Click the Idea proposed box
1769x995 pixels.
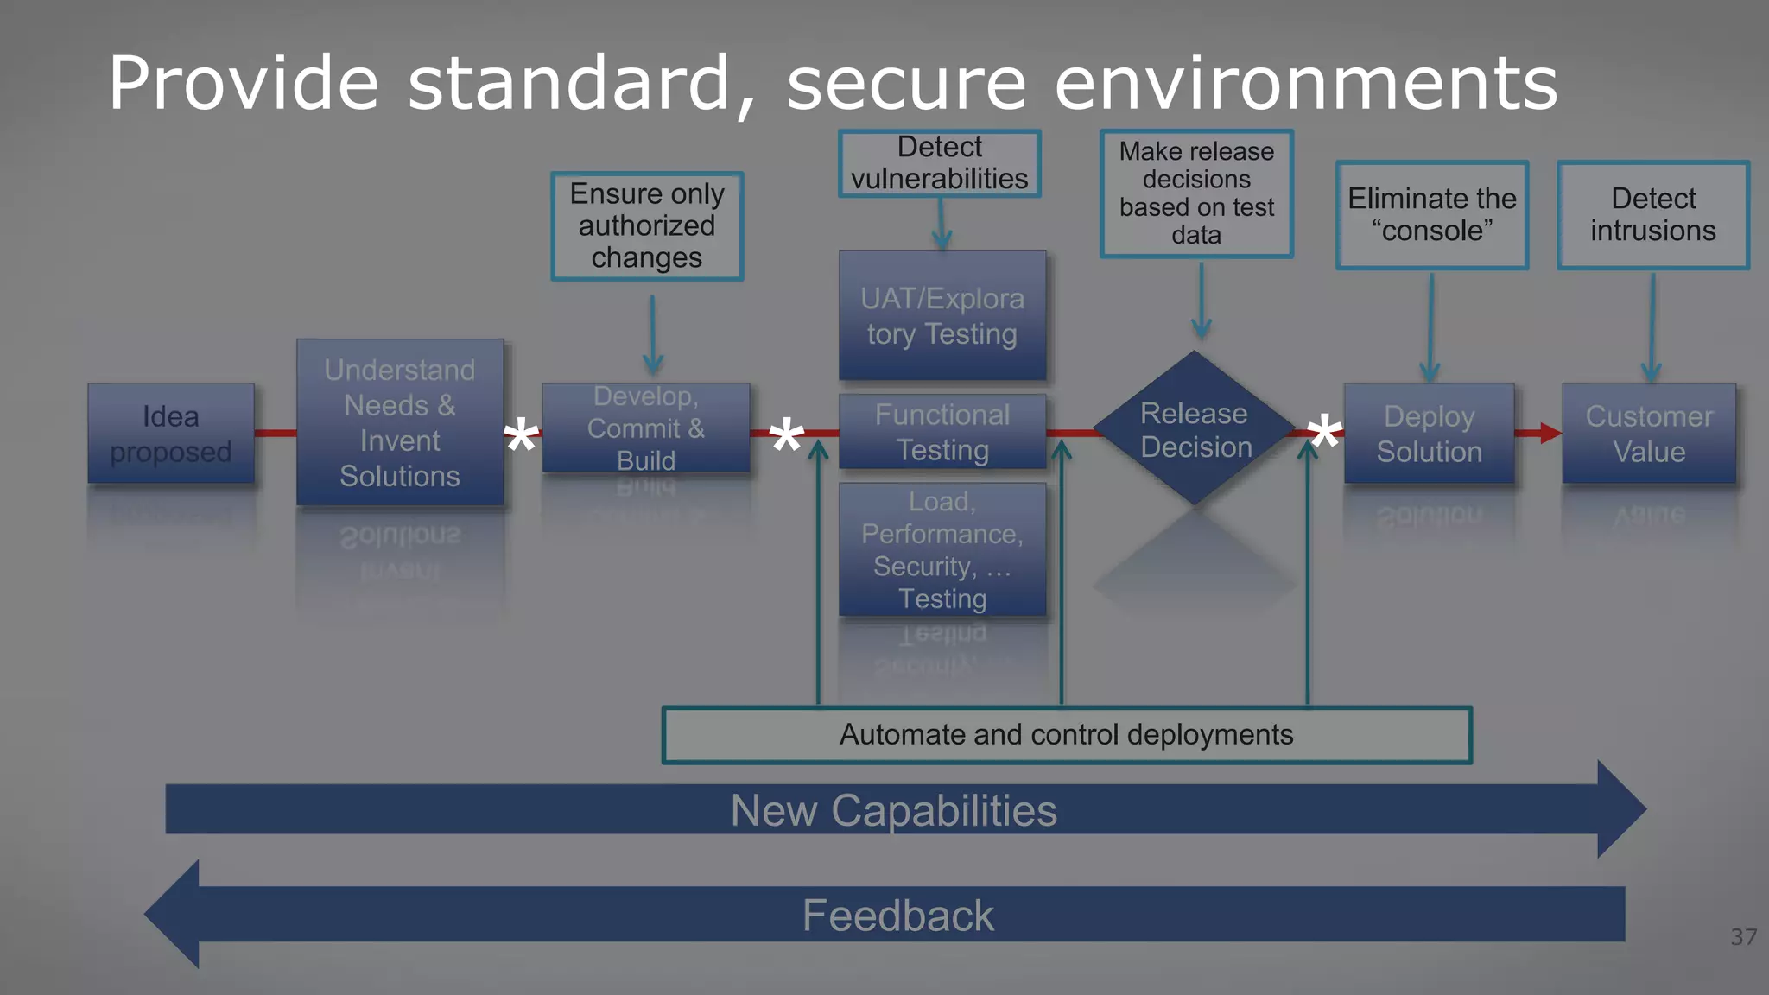click(x=171, y=434)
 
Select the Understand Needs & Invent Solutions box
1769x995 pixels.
click(x=400, y=422)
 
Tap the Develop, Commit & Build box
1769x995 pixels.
click(x=646, y=428)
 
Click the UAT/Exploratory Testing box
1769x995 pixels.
click(x=942, y=316)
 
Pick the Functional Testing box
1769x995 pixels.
click(x=942, y=432)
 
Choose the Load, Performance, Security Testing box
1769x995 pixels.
click(x=942, y=549)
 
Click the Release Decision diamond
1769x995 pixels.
click(x=1195, y=429)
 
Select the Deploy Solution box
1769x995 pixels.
click(x=1429, y=434)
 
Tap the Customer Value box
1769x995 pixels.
click(x=1649, y=434)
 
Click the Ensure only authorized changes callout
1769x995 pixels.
click(x=647, y=225)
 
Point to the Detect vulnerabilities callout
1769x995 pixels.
click(x=940, y=163)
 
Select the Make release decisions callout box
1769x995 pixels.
click(x=1196, y=193)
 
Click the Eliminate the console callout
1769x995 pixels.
click(x=1432, y=215)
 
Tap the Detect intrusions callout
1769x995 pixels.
click(x=1653, y=215)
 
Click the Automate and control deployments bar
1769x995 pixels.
click(x=1067, y=735)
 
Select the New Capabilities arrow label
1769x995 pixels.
click(x=894, y=810)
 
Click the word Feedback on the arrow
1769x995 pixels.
click(x=898, y=916)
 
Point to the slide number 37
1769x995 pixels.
click(x=1743, y=937)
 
